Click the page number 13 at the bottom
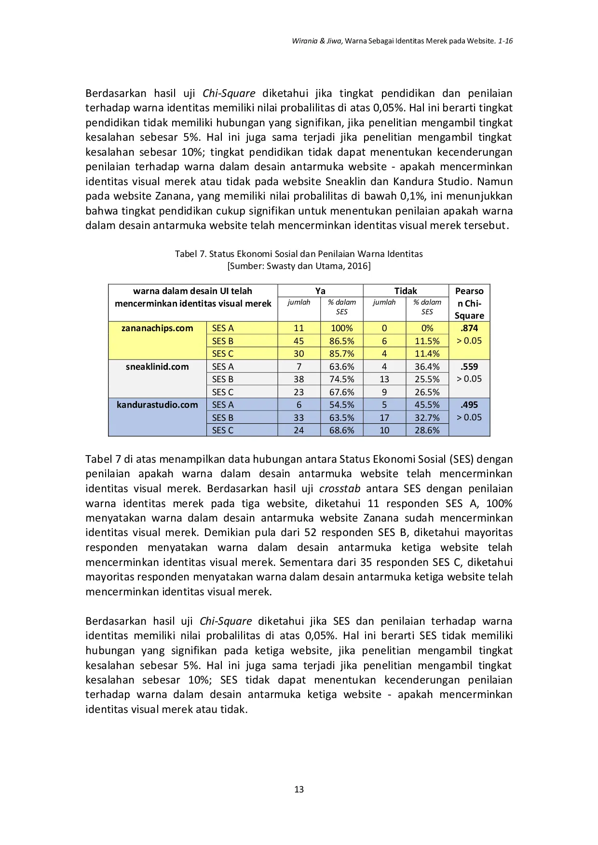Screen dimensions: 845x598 tap(299, 789)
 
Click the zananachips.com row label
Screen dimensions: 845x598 tap(157, 328)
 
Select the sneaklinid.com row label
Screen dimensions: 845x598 tap(157, 367)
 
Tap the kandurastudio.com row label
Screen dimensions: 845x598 tap(157, 405)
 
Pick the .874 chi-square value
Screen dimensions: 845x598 tap(469, 328)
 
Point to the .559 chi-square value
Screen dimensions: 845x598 tap(469, 367)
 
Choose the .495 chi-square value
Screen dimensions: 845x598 tap(469, 405)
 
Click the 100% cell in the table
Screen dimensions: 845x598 tap(341, 328)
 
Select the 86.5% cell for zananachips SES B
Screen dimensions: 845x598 tap(341, 341)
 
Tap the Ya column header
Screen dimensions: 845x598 tap(320, 291)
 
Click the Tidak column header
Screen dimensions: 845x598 tap(406, 291)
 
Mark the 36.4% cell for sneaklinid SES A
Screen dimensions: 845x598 tap(427, 367)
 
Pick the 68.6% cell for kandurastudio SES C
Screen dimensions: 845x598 tap(341, 430)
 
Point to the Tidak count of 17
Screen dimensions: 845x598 tap(384, 418)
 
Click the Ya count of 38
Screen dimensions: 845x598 tap(299, 379)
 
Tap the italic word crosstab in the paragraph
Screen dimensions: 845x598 tap(340, 489)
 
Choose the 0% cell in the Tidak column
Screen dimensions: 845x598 tap(427, 328)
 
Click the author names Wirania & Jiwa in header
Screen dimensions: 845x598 tap(317, 41)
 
